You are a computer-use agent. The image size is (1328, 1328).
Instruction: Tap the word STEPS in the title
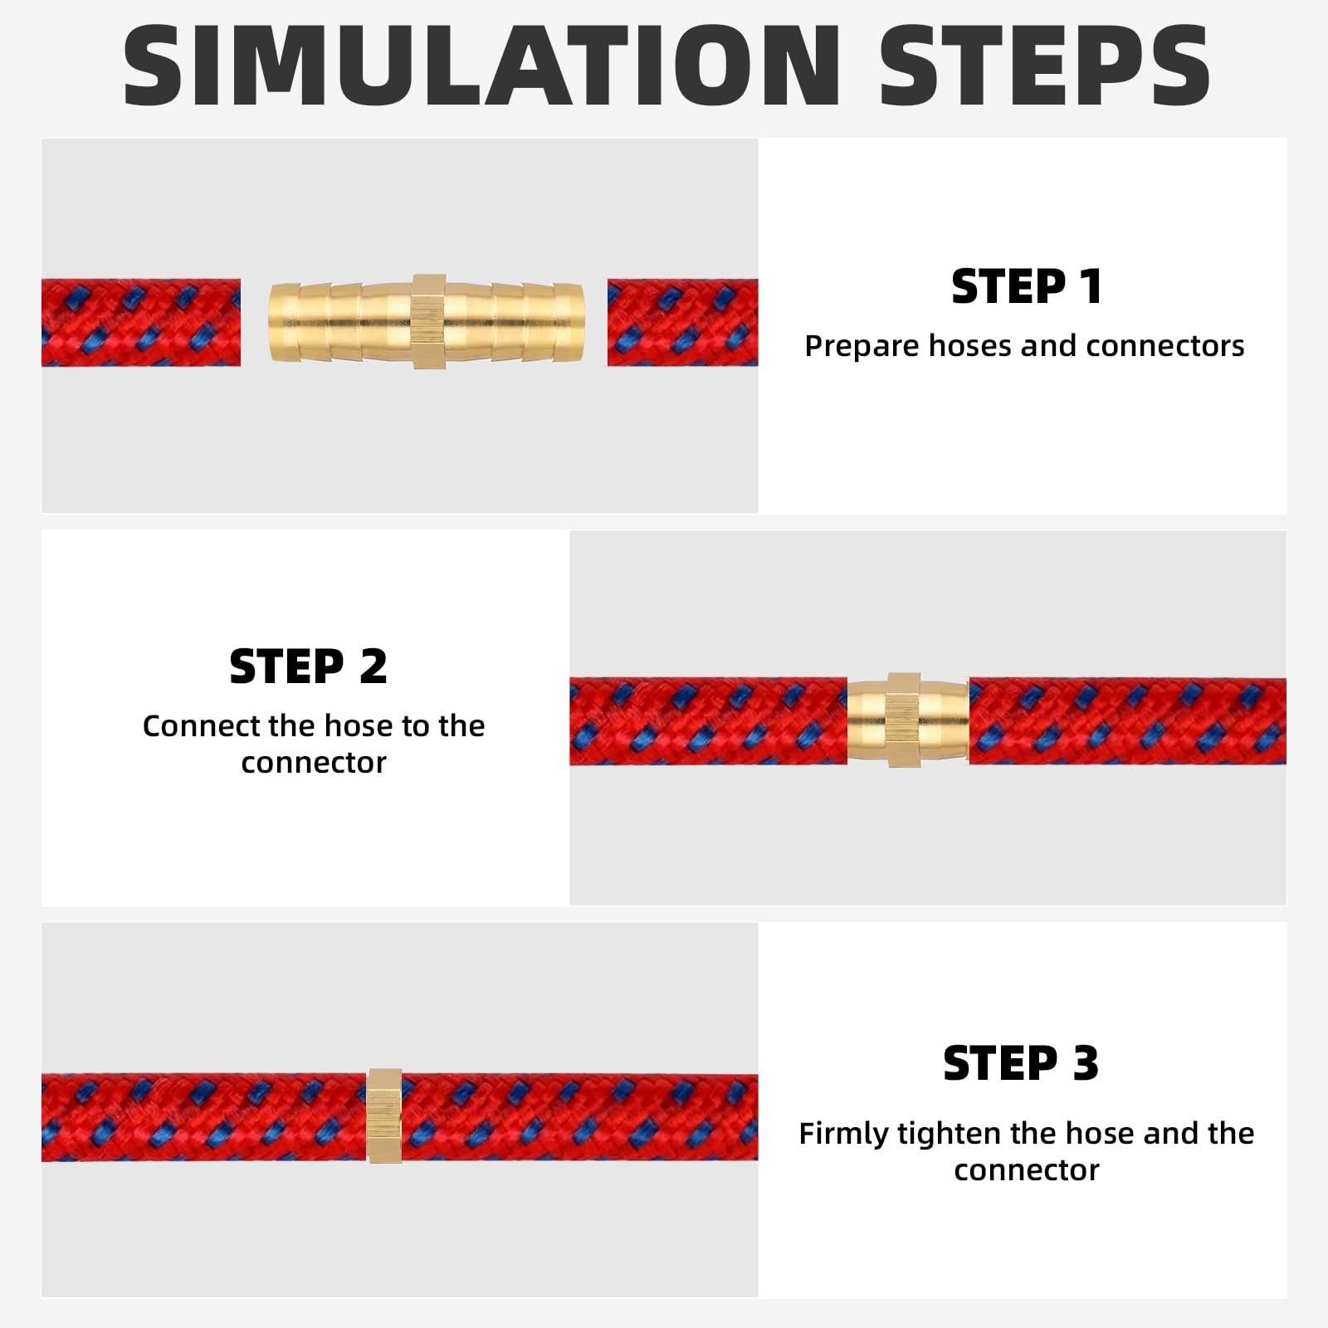pos(1044,66)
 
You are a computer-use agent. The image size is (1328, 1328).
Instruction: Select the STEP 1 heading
pos(1027,286)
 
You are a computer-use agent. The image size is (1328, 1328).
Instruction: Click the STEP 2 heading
pos(308,666)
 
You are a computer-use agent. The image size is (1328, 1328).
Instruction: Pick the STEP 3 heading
pos(1021,1063)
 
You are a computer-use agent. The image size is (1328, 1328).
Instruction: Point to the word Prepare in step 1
pos(862,346)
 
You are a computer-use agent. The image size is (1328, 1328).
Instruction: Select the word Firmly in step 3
pos(843,1134)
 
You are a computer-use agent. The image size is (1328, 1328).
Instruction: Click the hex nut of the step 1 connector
pos(429,322)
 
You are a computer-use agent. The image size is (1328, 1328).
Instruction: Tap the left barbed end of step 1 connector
pos(340,322)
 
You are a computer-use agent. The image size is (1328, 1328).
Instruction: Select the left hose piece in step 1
pos(141,323)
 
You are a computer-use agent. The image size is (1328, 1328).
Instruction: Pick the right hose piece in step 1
pos(682,323)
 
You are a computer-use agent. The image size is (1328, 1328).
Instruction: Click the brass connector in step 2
pos(907,720)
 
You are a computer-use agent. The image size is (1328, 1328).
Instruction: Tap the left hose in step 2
pos(708,721)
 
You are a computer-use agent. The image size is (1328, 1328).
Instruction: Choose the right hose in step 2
pos(1127,721)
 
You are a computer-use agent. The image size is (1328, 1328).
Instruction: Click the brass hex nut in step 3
pos(384,1116)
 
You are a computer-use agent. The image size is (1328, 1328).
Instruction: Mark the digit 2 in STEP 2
pos(373,666)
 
